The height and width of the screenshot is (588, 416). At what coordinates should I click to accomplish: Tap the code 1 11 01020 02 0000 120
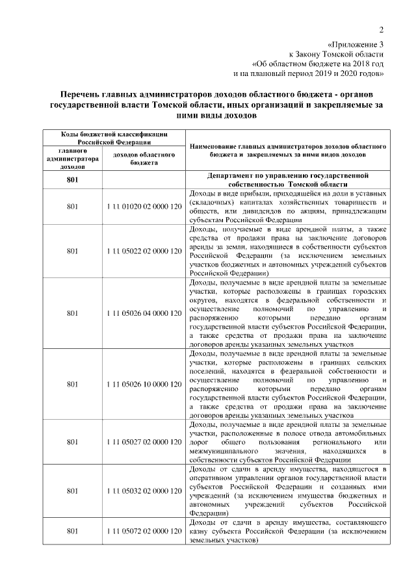click(143, 207)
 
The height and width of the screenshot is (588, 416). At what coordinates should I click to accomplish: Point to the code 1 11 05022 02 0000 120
click(143, 251)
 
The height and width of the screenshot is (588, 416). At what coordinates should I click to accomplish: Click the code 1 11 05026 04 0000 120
click(143, 313)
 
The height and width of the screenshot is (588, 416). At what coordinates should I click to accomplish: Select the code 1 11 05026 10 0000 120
click(143, 384)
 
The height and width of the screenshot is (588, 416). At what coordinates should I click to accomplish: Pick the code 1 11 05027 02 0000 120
click(143, 442)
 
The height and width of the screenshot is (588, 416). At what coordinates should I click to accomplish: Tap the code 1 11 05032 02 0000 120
click(143, 491)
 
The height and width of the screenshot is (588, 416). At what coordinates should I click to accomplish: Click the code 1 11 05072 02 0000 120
click(143, 531)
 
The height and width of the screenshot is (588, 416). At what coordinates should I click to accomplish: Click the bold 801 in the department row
click(73, 180)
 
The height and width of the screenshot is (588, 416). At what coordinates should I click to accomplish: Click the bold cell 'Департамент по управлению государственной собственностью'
click(287, 180)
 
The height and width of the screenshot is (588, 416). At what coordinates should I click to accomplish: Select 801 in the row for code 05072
click(73, 531)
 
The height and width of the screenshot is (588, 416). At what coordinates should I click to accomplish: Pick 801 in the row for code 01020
click(73, 207)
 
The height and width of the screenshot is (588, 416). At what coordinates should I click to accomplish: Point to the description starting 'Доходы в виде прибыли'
click(287, 207)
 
